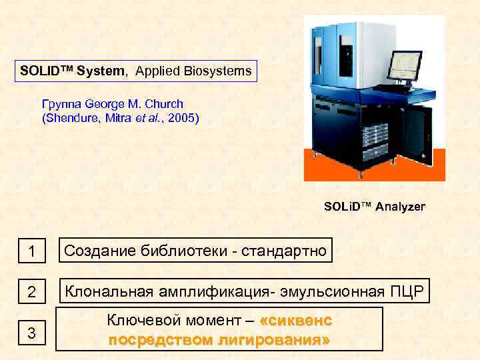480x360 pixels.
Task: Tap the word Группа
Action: (61, 104)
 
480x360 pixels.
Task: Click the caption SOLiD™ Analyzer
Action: (374, 207)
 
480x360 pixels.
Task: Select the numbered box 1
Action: (31, 253)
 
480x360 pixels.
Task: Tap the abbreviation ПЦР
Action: (407, 291)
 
